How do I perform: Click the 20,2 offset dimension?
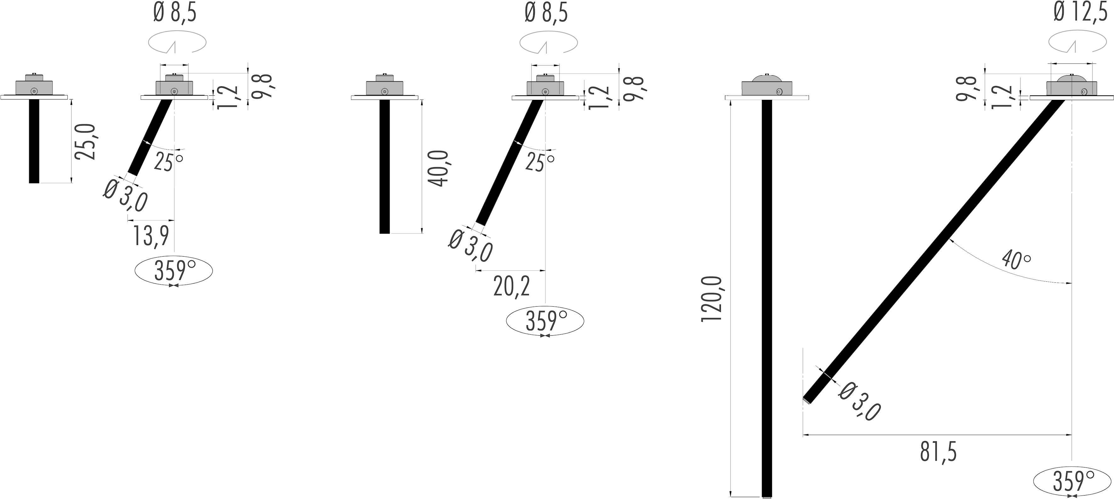tap(512, 286)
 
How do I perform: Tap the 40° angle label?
tap(1016, 259)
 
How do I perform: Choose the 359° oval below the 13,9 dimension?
tap(174, 271)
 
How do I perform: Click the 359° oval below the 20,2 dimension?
tap(545, 321)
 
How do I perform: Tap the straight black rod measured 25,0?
tap(34, 141)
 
